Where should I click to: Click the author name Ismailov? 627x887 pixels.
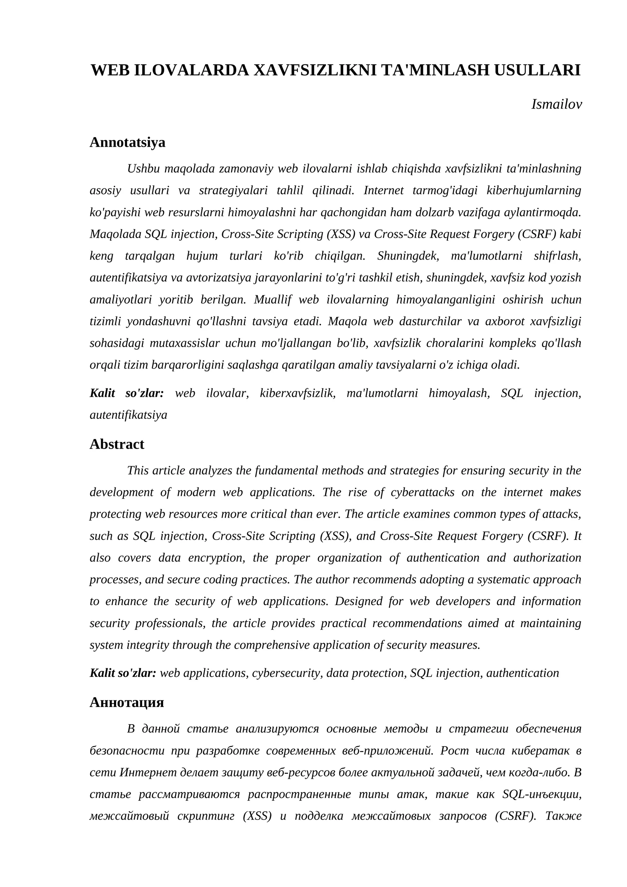(556, 104)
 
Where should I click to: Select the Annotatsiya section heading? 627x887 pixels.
(127, 142)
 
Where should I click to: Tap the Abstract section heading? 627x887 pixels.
(117, 444)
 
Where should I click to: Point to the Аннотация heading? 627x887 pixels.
(127, 702)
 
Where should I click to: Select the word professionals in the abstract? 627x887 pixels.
(170, 623)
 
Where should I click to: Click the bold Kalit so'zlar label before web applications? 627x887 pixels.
(123, 673)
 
